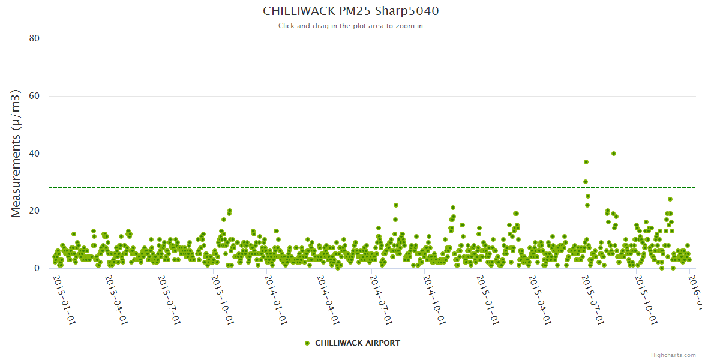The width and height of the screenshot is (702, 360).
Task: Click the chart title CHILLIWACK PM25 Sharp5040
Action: pos(350,11)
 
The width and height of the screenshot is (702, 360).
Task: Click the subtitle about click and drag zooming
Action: pos(350,26)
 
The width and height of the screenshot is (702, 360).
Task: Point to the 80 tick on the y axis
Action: pos(34,38)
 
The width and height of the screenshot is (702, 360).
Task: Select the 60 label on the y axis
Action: pos(34,96)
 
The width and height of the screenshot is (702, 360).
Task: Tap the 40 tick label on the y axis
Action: pos(34,154)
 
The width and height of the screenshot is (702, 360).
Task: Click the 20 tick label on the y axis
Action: pos(34,211)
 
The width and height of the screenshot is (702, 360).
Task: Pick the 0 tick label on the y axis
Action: pos(37,269)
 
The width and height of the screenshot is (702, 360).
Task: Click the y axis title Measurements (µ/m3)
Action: pos(16,153)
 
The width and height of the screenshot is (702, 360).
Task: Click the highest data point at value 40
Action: pos(614,154)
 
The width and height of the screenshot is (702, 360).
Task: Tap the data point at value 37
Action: pos(586,162)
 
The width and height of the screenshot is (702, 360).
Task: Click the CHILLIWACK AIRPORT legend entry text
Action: pos(358,343)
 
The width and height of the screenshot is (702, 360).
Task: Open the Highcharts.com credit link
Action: pos(673,355)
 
